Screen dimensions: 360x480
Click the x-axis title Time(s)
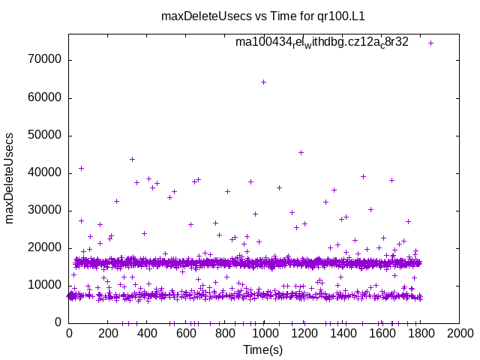tap(263, 349)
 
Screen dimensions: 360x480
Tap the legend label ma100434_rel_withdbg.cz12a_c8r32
tap(322, 42)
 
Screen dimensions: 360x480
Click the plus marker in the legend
tap(430, 43)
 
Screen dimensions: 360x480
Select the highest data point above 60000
tap(263, 82)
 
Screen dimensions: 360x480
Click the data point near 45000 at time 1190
tap(301, 152)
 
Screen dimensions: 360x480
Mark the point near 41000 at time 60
tap(81, 168)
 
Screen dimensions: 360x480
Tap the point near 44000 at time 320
tap(132, 159)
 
